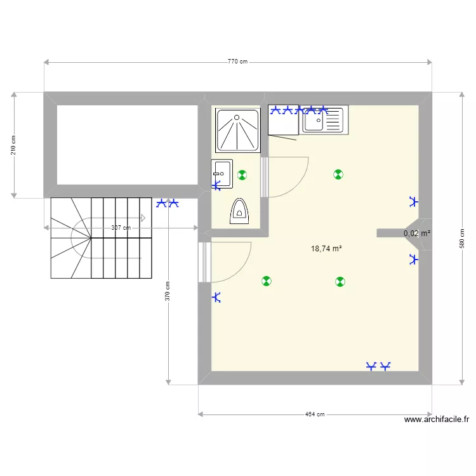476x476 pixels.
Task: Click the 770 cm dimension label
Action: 237,62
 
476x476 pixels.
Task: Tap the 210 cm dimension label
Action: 13,145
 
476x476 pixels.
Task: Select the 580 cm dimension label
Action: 462,239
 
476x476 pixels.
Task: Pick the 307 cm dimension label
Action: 121,228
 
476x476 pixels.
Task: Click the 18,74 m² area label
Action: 326,249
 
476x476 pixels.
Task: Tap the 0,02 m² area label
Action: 417,234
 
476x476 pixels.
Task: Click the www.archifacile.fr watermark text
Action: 436,420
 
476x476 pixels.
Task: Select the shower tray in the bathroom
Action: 238,130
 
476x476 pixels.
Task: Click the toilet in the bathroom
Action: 239,211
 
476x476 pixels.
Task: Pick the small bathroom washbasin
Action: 221,171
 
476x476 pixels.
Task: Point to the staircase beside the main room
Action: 102,237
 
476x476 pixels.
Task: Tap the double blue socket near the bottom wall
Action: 378,366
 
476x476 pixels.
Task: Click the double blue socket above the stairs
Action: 168,204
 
